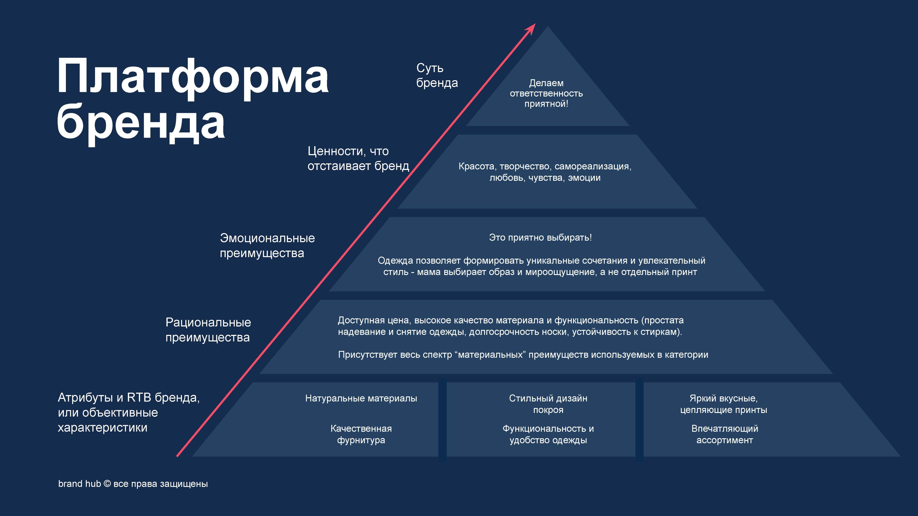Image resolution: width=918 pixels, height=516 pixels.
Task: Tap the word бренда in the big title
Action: pyautogui.click(x=141, y=123)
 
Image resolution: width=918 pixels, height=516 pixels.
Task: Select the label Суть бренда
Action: pyautogui.click(x=437, y=75)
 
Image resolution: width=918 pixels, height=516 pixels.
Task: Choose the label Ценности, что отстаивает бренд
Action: pyautogui.click(x=358, y=159)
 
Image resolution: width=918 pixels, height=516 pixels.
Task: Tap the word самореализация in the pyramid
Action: pyautogui.click(x=593, y=166)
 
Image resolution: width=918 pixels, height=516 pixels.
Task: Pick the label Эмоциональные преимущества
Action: pyautogui.click(x=267, y=245)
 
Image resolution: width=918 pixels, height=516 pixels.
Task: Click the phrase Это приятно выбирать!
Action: pyautogui.click(x=540, y=238)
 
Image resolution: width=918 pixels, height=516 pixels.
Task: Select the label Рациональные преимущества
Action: pyautogui.click(x=208, y=330)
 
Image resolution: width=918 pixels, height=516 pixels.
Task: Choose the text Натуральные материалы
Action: pyautogui.click(x=361, y=398)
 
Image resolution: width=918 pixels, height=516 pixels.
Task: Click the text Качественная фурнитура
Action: pyautogui.click(x=361, y=434)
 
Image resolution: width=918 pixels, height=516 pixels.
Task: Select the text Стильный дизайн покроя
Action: pyautogui.click(x=548, y=404)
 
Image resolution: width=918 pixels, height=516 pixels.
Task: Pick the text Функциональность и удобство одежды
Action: pyautogui.click(x=548, y=434)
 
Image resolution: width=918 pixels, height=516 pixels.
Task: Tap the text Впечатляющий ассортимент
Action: pyautogui.click(x=725, y=434)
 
